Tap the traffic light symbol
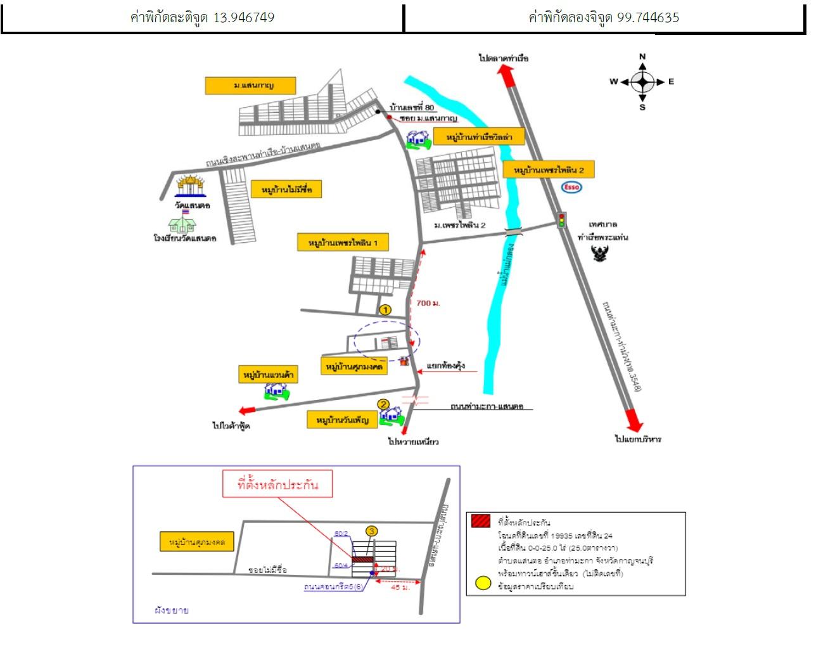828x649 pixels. pyautogui.click(x=561, y=220)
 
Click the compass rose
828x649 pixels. pyautogui.click(x=643, y=82)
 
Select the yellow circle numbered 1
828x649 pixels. pyautogui.click(x=385, y=310)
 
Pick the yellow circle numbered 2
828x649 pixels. pyautogui.click(x=383, y=404)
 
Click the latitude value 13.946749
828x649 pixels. pyautogui.click(x=243, y=17)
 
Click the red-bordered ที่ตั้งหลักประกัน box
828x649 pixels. pyautogui.click(x=277, y=485)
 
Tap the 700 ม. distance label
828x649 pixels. pyautogui.click(x=428, y=303)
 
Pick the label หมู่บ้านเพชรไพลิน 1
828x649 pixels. pyautogui.click(x=343, y=243)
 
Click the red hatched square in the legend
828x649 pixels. pyautogui.click(x=481, y=522)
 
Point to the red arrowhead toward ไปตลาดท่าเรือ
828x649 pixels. pyautogui.click(x=506, y=73)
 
